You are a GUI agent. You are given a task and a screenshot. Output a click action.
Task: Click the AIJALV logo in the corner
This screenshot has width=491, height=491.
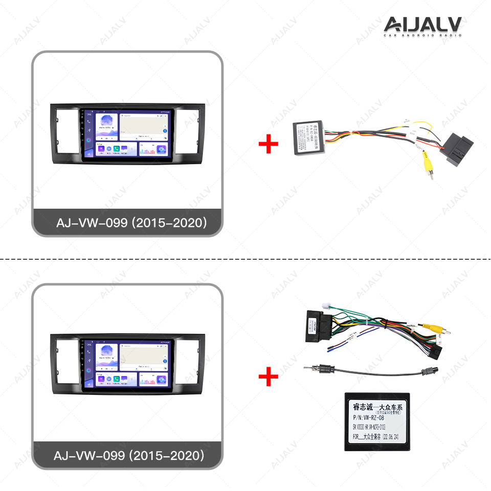[422, 26]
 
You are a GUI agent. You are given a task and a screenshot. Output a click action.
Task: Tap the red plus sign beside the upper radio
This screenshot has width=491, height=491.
[268, 145]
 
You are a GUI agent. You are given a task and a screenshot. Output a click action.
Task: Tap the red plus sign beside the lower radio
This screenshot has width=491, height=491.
[268, 377]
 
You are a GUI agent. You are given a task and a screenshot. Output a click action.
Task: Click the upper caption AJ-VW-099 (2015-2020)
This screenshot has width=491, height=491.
[131, 223]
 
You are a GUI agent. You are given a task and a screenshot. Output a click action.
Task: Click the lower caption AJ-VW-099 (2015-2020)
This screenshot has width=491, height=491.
[128, 455]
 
